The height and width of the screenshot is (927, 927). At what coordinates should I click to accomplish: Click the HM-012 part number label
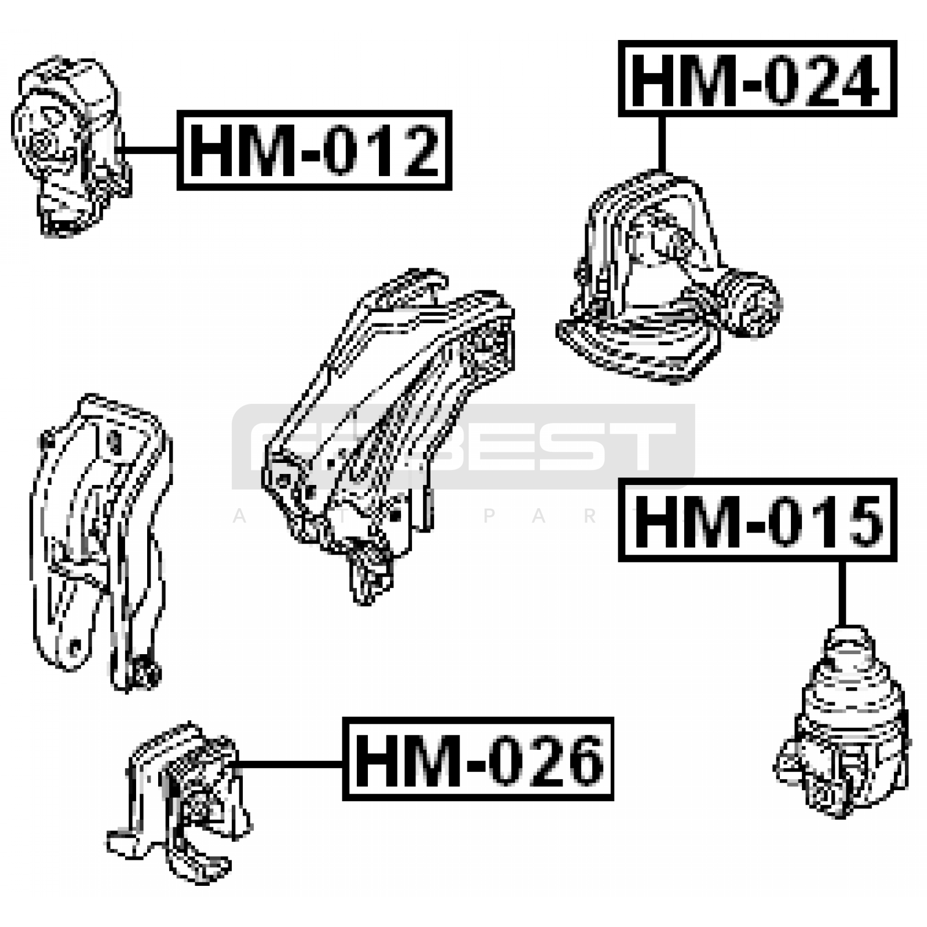click(x=314, y=150)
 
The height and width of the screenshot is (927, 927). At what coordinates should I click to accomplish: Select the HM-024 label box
click(x=757, y=79)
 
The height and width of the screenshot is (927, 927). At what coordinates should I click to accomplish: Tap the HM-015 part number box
click(x=757, y=520)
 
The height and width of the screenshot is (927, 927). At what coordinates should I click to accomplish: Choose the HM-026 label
click(x=478, y=759)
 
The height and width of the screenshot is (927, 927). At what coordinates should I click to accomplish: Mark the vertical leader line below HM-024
click(x=661, y=143)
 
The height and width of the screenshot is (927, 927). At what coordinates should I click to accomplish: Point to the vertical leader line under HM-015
click(x=842, y=594)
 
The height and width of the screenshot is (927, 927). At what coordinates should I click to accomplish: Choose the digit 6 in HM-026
click(x=579, y=760)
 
